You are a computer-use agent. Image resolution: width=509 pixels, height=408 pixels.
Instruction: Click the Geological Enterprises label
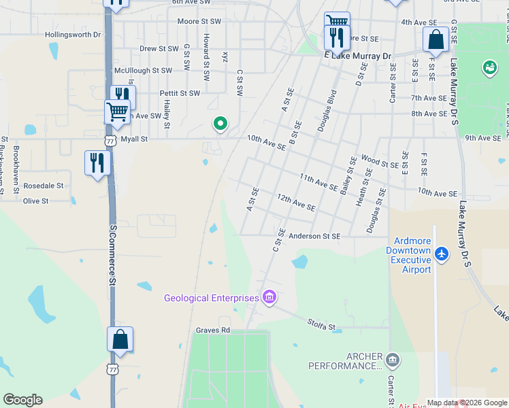(x=211, y=298)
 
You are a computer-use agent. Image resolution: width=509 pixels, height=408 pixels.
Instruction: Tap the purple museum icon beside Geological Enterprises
(x=269, y=297)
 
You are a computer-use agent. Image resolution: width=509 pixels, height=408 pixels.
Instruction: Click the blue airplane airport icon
(x=442, y=254)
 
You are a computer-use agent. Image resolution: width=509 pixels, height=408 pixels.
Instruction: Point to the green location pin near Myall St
(x=219, y=124)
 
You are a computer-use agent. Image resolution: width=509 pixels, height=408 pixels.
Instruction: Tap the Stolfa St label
(x=321, y=326)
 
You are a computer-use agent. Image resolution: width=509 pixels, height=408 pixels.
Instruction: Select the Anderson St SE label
(x=314, y=237)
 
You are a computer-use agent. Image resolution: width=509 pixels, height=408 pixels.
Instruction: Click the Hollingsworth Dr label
(x=72, y=34)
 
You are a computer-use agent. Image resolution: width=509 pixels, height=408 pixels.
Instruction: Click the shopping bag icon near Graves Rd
(x=120, y=340)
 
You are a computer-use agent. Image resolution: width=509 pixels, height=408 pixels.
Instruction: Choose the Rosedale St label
(x=43, y=185)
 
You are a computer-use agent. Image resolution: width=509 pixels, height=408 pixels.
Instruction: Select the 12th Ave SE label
(x=296, y=202)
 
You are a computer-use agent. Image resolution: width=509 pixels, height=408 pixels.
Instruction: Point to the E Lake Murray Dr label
(x=359, y=56)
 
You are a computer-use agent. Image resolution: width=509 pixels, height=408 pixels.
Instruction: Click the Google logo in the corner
(x=22, y=400)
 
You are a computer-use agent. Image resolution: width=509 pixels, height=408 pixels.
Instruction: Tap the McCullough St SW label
(x=143, y=70)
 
